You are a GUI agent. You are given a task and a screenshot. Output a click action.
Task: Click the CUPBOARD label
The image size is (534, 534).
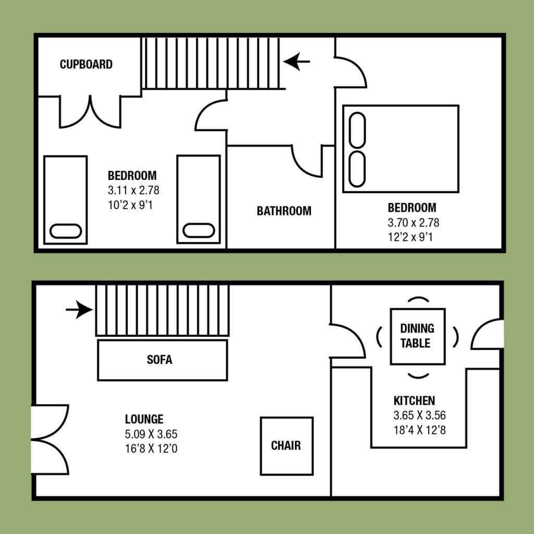point(86,64)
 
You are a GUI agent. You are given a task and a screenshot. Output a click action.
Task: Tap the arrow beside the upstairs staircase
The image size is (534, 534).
point(296,62)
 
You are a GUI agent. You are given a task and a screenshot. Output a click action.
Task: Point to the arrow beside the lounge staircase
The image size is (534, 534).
point(79,310)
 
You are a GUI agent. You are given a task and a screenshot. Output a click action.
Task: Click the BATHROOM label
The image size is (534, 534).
point(284,211)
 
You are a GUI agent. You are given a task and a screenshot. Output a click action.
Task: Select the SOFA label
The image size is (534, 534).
point(160,360)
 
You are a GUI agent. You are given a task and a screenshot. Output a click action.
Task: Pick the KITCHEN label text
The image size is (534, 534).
point(414,401)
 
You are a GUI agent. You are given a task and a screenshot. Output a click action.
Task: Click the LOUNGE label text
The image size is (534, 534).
point(144,419)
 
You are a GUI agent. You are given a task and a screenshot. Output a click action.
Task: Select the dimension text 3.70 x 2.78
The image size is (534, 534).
point(414,223)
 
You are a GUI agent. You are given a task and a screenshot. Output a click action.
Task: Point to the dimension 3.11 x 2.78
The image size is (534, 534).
point(133,190)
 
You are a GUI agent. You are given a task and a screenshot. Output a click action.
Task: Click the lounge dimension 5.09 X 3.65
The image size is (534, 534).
point(151,434)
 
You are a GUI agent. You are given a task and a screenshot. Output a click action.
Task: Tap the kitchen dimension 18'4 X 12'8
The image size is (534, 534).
point(420,430)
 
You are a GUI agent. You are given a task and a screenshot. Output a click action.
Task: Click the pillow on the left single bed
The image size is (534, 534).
point(66,231)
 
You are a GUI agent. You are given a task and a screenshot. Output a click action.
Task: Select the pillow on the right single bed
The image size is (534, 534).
point(199,230)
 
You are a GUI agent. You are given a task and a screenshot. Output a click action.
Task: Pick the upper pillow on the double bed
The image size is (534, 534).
point(357,130)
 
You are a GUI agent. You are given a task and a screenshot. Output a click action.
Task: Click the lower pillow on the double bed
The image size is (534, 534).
point(357,169)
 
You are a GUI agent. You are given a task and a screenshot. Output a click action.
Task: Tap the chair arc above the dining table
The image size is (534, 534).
point(418,298)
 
